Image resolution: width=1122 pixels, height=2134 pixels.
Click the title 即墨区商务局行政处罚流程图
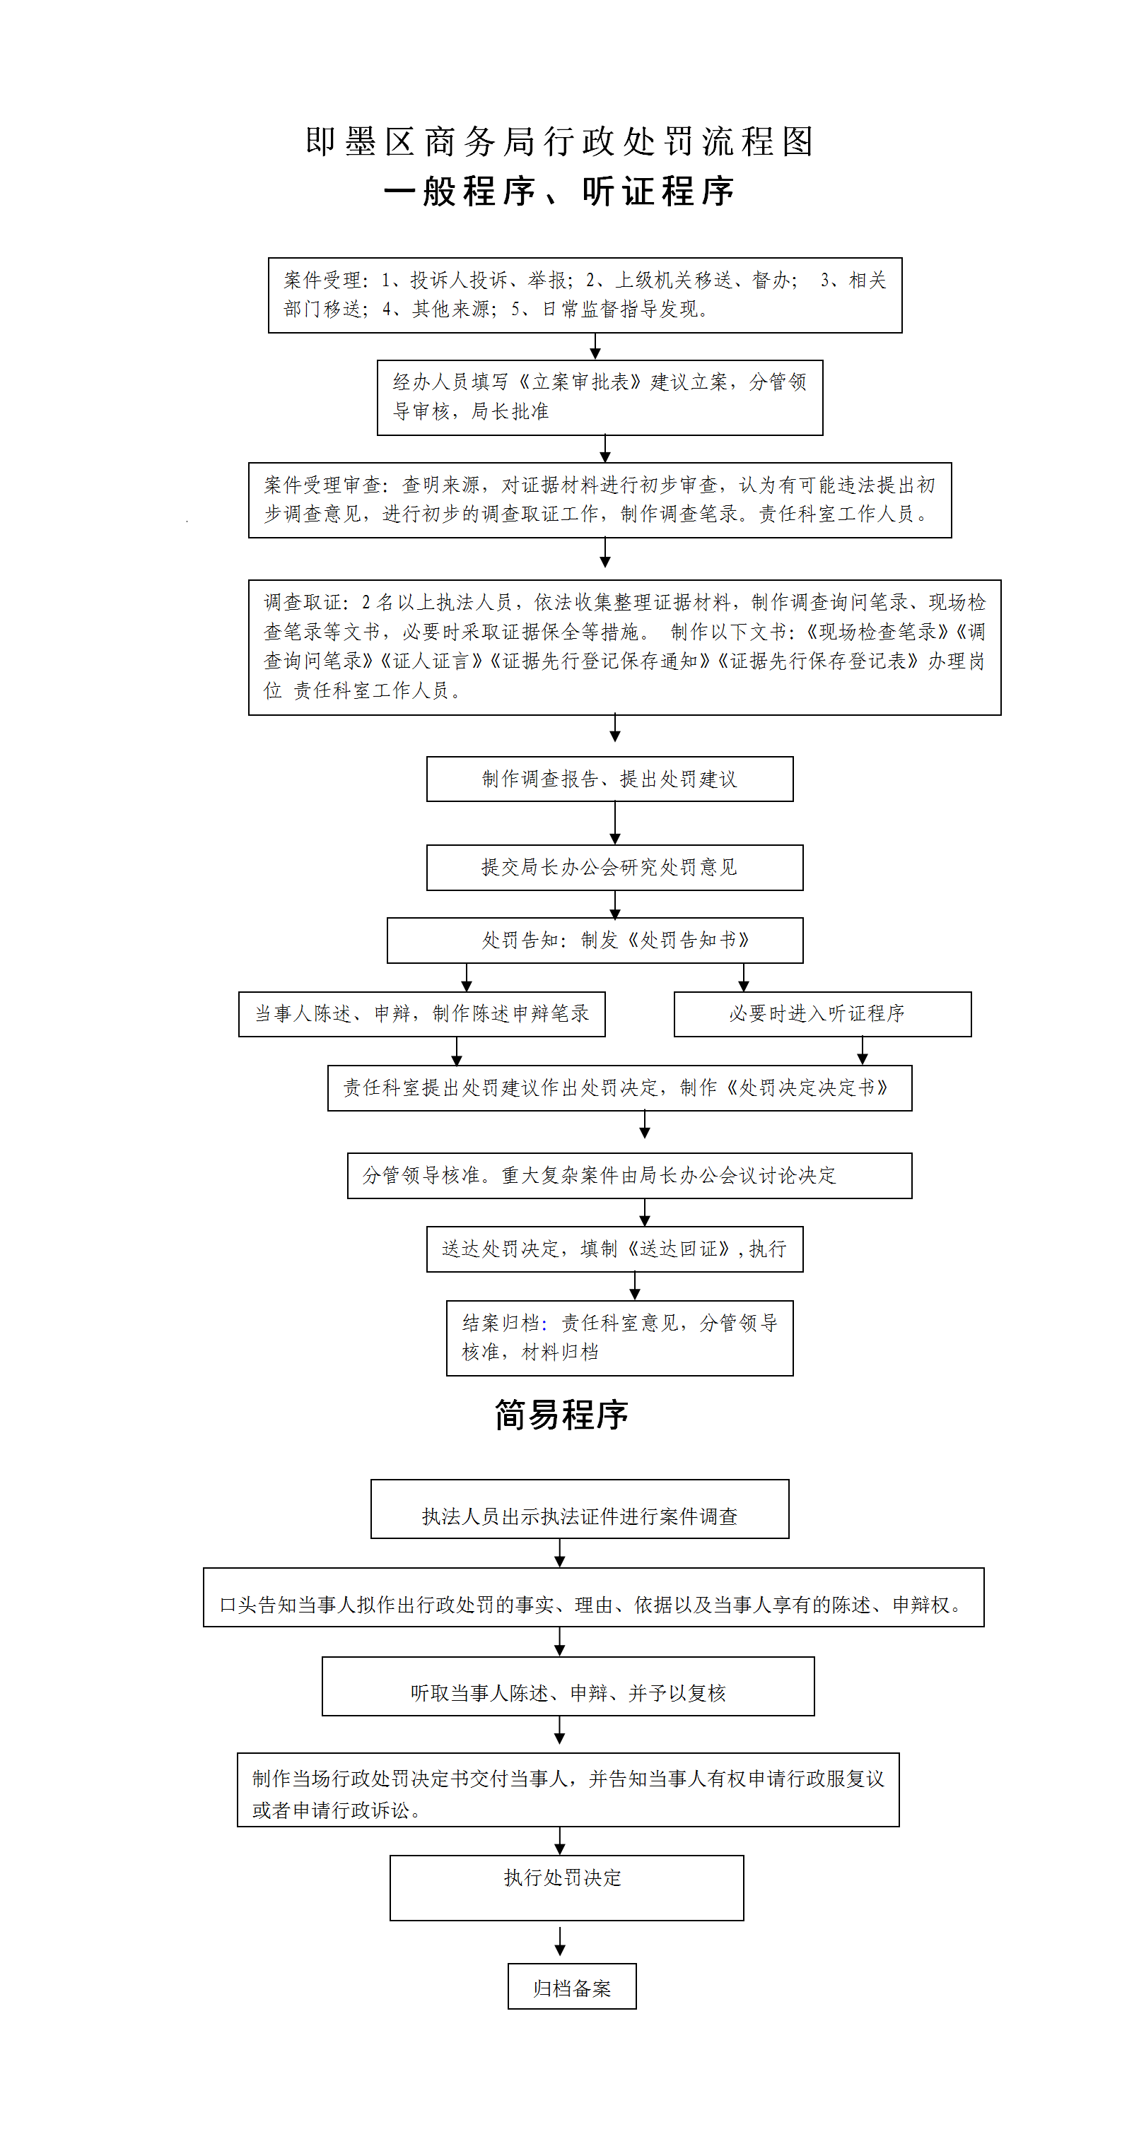(560, 141)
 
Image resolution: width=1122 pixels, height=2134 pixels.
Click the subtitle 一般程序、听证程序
(560, 192)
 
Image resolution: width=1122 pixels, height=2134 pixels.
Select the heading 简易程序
(561, 1415)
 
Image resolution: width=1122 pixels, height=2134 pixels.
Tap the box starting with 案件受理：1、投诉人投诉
(584, 295)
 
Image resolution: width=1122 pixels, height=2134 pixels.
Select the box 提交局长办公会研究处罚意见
(614, 867)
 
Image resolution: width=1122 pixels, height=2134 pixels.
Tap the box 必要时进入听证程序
(822, 1014)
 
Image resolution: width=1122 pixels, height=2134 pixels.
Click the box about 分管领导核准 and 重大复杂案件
(629, 1176)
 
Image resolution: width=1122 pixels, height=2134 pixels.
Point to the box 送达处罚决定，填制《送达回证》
(614, 1249)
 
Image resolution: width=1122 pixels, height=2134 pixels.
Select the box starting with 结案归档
(619, 1338)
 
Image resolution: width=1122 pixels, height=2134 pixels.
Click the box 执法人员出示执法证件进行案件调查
(579, 1509)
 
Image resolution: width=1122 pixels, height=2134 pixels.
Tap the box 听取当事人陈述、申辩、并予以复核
(568, 1686)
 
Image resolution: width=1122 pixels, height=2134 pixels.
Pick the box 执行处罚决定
(566, 1888)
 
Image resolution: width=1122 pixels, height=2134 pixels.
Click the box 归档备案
(572, 1986)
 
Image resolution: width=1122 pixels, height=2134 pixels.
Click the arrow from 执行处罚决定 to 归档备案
(560, 1941)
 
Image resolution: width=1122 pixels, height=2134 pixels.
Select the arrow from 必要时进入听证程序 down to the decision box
(862, 1051)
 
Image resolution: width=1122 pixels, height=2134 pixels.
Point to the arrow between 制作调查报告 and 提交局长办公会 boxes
(615, 823)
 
